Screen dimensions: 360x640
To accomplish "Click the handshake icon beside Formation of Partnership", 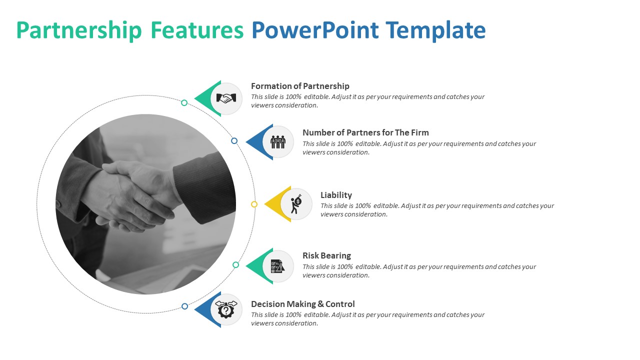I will coord(226,98).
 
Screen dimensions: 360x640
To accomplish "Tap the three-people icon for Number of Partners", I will coord(278,142).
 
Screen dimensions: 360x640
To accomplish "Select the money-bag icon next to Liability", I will coord(296,204).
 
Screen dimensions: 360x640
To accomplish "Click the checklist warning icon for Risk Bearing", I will coord(278,266).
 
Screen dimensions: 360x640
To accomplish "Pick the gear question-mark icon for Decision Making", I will coord(226,309).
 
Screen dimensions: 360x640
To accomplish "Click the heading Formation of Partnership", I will coord(300,86).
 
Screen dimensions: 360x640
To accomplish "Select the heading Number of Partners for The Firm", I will coord(365,132).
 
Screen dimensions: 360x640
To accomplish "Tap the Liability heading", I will coord(336,195).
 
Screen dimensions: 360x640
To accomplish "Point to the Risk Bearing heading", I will coord(326,255).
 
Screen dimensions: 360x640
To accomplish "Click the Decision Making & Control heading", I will coord(302,304).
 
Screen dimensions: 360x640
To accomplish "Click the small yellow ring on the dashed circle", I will coord(254,204).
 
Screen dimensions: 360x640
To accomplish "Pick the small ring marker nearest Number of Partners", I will coord(234,141).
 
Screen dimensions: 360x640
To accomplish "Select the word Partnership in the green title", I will coord(79,30).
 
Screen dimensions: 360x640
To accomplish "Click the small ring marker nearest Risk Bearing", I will coord(236,264).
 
